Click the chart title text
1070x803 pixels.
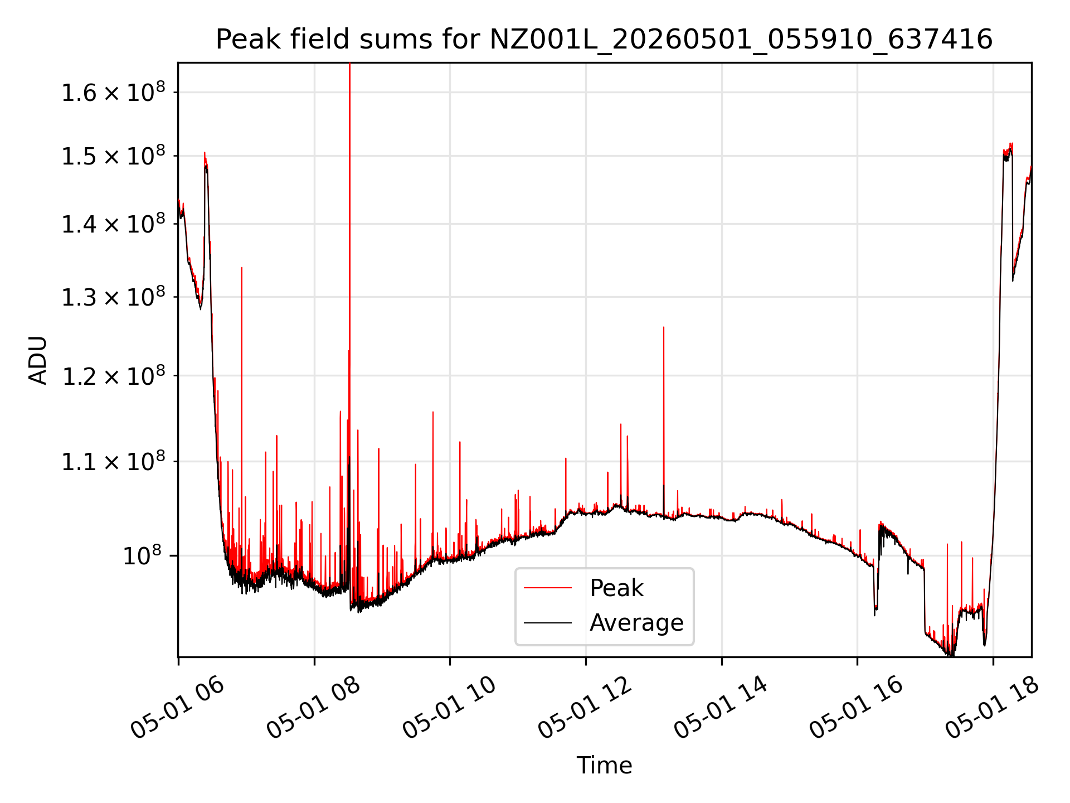click(x=604, y=40)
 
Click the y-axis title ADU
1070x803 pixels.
click(x=38, y=360)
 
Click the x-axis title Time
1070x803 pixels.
click(x=604, y=766)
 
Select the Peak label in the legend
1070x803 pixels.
click(x=616, y=588)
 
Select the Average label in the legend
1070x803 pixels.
click(x=636, y=623)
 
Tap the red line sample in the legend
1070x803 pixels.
click(x=548, y=588)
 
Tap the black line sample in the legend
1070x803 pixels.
click(x=548, y=622)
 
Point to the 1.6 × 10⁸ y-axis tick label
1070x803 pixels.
click(x=114, y=92)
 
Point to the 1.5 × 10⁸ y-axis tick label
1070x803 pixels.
click(x=114, y=156)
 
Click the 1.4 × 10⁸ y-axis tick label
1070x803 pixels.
click(x=114, y=224)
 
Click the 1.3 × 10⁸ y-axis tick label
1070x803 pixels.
click(x=114, y=297)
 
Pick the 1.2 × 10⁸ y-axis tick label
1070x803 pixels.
click(x=114, y=376)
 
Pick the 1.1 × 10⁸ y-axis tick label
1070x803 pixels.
click(x=114, y=462)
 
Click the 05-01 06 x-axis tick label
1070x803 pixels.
click(x=177, y=708)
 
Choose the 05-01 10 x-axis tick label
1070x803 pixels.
click(x=449, y=708)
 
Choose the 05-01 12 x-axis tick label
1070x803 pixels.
click(x=585, y=708)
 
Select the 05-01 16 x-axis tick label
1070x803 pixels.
click(x=857, y=708)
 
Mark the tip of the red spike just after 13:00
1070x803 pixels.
click(x=664, y=327)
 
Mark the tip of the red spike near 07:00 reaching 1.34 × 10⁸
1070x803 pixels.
click(x=241, y=268)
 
